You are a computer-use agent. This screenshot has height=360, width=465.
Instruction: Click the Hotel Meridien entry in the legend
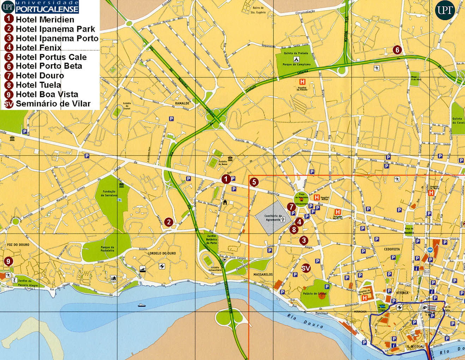[x=45, y=19]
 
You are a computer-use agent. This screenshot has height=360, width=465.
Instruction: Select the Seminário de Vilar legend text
[x=53, y=103]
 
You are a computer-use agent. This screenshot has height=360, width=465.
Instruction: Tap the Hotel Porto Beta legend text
[x=49, y=66]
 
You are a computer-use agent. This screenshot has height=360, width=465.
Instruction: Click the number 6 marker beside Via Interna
[x=397, y=50]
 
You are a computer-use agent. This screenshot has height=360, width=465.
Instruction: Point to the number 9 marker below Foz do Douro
[x=8, y=262]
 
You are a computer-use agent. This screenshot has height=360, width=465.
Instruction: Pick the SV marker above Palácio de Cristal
[x=306, y=268]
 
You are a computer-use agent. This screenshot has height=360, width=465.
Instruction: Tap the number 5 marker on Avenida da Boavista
[x=254, y=182]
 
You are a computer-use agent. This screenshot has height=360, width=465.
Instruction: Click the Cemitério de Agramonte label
[x=273, y=217]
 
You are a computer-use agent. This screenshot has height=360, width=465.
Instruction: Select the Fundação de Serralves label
[x=109, y=193]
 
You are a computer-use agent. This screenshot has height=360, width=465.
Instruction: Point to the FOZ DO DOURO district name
[x=18, y=245]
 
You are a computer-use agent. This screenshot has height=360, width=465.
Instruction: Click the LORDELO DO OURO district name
[x=162, y=253]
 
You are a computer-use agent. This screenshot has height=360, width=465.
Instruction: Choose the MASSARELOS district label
[x=263, y=274]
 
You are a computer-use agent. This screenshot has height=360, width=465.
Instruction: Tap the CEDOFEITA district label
[x=392, y=249]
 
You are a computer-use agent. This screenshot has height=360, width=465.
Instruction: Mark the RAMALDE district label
[x=182, y=103]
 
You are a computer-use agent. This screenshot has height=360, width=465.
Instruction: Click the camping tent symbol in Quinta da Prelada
[x=296, y=59]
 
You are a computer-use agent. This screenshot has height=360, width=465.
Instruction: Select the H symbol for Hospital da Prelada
[x=302, y=82]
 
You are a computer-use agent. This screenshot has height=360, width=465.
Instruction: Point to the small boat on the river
[x=141, y=305]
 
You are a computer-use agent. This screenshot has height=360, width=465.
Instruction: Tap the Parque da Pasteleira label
[x=107, y=249]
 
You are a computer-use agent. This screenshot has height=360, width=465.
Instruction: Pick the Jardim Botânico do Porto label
[x=211, y=239]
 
